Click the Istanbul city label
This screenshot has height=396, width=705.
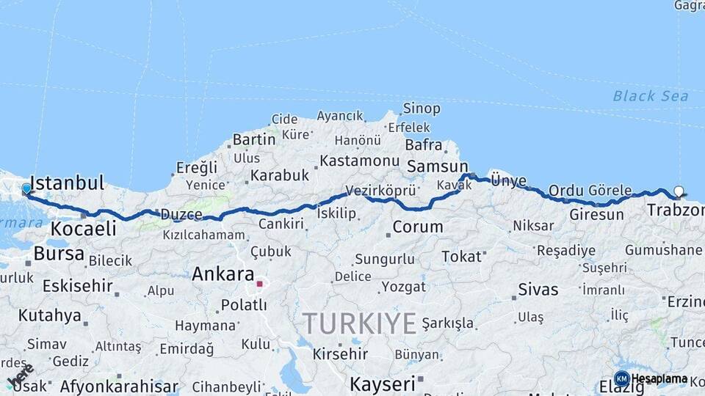point(68,183)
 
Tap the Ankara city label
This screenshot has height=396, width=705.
point(222,274)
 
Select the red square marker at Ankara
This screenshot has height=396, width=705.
point(259,283)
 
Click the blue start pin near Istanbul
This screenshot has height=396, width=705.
point(26,189)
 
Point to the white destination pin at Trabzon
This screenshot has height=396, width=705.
point(679,191)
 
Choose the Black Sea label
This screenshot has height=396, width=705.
point(651,96)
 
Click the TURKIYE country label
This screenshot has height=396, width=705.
point(359,323)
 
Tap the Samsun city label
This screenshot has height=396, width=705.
point(437,166)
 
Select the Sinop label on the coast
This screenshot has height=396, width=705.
point(422,109)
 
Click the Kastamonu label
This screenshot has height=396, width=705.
point(359,161)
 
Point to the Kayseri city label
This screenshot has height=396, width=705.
point(382,383)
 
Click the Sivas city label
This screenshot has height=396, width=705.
point(538,289)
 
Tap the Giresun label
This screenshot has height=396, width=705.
point(596,215)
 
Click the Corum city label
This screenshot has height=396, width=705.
point(417,227)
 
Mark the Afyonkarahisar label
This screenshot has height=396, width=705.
point(119,386)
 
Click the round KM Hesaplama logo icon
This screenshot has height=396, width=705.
point(621,378)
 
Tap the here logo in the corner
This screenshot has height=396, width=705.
point(19,376)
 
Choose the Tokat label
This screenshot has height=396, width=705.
point(461,256)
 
